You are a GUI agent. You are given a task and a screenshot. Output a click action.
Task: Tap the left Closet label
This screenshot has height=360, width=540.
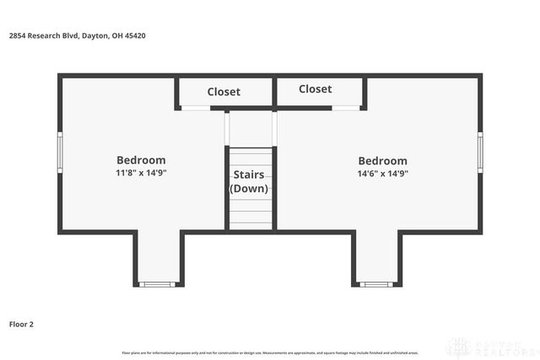224,92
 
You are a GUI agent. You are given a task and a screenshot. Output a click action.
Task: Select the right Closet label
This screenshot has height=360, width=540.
315,89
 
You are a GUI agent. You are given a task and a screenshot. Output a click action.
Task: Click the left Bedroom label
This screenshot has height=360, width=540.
141,159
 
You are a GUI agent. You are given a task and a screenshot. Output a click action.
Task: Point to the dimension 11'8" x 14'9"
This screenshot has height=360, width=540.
141,173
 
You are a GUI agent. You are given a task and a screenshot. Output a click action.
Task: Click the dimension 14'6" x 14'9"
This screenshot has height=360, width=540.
382,173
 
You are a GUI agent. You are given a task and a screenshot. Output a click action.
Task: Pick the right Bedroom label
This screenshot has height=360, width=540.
382,160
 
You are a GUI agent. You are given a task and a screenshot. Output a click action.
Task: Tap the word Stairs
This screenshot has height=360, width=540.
249,175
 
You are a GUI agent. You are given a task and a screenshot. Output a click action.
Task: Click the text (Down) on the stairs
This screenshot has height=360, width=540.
249,188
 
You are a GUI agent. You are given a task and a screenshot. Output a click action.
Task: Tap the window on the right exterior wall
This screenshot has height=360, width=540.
480,152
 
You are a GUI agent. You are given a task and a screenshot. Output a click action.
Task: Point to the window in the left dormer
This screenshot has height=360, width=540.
156,284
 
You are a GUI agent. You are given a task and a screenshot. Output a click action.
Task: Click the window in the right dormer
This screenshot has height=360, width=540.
376,284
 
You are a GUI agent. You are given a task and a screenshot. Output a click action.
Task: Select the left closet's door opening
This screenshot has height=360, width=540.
197,108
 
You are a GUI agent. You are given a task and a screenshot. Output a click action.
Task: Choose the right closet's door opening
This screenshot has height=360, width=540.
343,108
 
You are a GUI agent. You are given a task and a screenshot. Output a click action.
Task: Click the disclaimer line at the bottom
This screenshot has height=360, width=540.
270,352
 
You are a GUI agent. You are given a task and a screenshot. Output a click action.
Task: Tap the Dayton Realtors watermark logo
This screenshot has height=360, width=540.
492,347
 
